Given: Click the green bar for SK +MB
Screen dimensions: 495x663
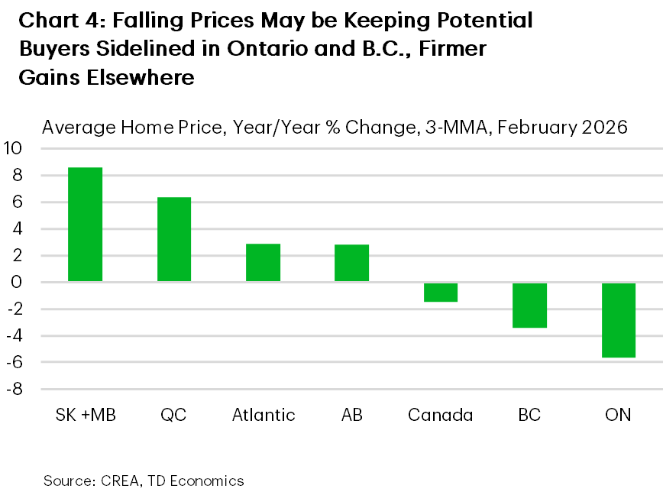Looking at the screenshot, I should click(x=85, y=225).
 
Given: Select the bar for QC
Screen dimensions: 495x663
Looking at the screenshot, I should click(x=173, y=239).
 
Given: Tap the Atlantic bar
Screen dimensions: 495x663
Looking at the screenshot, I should click(x=263, y=263).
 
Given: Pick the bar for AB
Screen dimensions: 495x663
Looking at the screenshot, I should click(x=351, y=263).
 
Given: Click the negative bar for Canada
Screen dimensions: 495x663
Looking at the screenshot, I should click(x=440, y=292).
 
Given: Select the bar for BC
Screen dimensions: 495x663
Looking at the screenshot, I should click(x=529, y=305).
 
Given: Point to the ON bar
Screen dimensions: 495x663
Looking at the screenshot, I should click(x=618, y=320).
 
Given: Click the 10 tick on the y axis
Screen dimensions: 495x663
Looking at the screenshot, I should click(x=15, y=148).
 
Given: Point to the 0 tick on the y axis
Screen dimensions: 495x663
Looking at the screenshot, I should click(x=18, y=282).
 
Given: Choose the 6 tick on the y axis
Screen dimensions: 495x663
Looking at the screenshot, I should click(x=18, y=202).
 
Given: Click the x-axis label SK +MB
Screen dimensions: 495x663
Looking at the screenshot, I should click(x=85, y=416).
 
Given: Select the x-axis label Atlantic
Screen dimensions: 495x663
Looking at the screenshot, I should click(x=263, y=416).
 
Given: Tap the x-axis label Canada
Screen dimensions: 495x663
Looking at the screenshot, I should click(x=440, y=416).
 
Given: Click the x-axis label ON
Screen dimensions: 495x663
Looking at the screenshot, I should click(x=618, y=416).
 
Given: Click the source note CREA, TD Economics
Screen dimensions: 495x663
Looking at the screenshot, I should click(x=170, y=480).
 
